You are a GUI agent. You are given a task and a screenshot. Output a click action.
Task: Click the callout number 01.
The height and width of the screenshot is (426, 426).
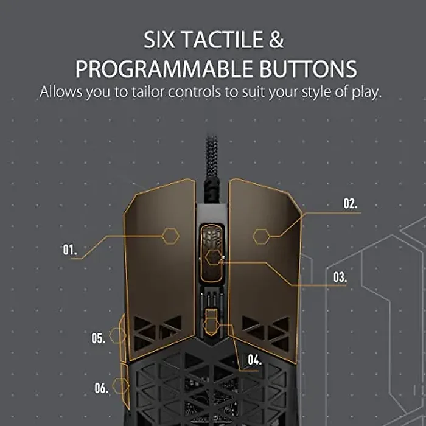click(69, 250)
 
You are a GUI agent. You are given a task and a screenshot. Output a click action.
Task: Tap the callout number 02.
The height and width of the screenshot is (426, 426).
click(351, 204)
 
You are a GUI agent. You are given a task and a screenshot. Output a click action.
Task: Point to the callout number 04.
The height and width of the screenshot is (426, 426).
click(254, 360)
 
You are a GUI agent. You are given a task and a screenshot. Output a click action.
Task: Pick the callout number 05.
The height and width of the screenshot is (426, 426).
click(99, 339)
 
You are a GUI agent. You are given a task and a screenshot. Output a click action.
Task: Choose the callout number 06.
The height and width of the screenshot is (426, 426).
click(101, 388)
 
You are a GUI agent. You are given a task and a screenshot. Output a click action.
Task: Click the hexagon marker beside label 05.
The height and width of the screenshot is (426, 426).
click(116, 335)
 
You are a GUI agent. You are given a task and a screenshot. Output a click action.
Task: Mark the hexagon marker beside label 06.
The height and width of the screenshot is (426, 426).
click(119, 385)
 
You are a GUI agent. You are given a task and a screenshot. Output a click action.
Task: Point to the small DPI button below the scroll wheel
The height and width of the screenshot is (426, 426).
click(211, 321)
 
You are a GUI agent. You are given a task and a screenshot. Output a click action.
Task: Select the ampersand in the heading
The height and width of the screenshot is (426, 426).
click(276, 41)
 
